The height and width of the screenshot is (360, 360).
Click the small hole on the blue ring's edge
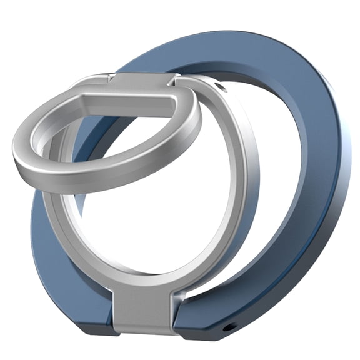[x=232, y=327]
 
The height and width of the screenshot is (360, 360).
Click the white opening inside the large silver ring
[x=162, y=212]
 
